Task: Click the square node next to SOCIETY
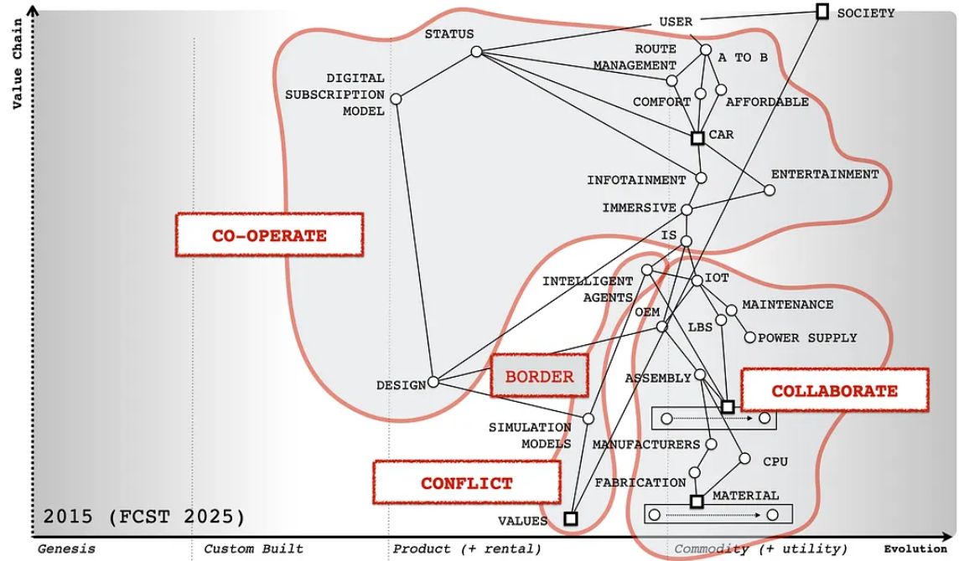822,11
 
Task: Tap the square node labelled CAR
697,137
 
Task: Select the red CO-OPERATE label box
269,234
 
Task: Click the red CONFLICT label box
466,482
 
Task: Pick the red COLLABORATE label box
834,390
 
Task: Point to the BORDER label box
539,376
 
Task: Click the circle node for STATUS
476,52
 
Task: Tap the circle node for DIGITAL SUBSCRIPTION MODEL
396,99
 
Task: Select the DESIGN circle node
433,383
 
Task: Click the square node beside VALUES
571,518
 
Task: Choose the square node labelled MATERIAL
696,502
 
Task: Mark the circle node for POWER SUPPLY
750,337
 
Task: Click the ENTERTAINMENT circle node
770,190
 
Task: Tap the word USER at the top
676,22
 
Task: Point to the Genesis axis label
66,548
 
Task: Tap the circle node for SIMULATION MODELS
588,419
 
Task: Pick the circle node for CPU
744,458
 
